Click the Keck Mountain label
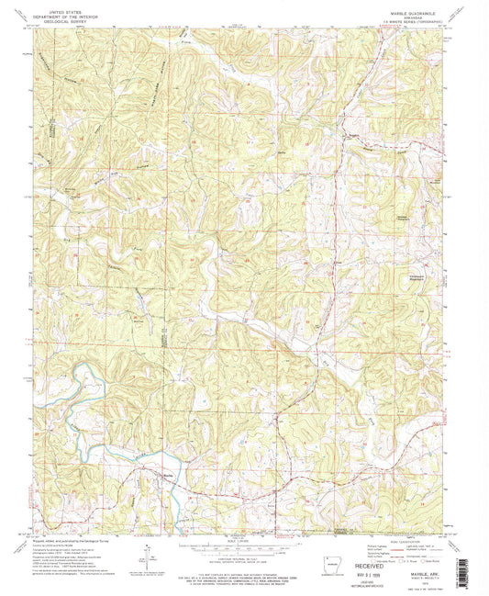[x=437, y=181]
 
